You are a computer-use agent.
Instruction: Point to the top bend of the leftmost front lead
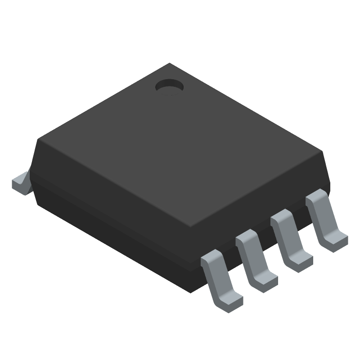pos(211,258)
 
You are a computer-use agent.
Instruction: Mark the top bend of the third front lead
pos(281,217)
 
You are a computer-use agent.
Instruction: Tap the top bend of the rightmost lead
pos(316,197)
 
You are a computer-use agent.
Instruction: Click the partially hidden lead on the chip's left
pos(20,182)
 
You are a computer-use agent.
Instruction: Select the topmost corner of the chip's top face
pos(169,64)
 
